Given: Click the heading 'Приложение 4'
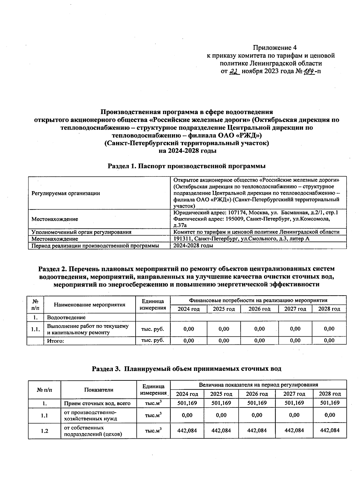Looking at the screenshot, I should [x=275, y=47].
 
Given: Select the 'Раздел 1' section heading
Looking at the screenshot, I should [x=187, y=166].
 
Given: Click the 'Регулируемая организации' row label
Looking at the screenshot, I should [x=66, y=193].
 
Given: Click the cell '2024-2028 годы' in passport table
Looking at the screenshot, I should [x=193, y=245].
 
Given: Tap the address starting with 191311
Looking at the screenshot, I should [x=241, y=239].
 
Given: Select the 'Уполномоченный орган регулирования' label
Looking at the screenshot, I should [x=81, y=232].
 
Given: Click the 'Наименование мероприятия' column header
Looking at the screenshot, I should [x=89, y=305].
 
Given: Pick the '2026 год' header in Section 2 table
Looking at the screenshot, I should [x=259, y=309].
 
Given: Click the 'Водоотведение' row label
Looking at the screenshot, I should [x=66, y=317].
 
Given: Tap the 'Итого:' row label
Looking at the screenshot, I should [x=55, y=341].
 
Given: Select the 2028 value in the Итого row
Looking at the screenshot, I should [x=329, y=341].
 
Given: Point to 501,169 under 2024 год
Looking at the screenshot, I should [x=187, y=403].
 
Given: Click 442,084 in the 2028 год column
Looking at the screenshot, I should [x=330, y=430].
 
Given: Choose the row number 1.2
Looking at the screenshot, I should [x=44, y=431].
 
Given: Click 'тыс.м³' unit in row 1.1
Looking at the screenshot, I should [x=153, y=416].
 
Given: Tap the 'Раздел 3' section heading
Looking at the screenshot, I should [x=187, y=369].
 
